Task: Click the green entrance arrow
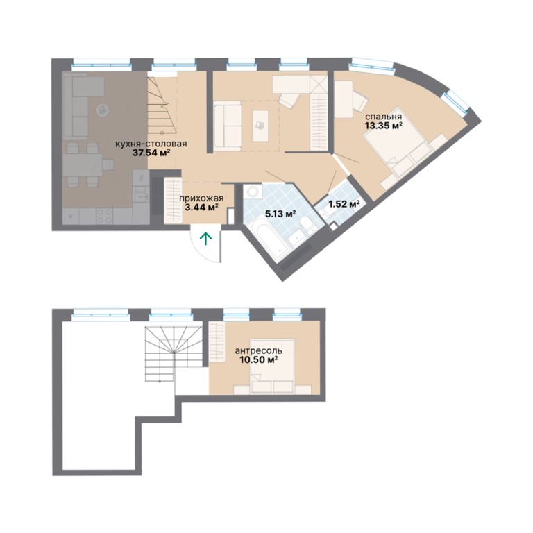pyautogui.click(x=205, y=238)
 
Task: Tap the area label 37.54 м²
pyautogui.click(x=151, y=153)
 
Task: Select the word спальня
pyautogui.click(x=383, y=117)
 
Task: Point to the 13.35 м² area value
pyautogui.click(x=384, y=126)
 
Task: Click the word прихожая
pyautogui.click(x=201, y=198)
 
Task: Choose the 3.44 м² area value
pyautogui.click(x=201, y=207)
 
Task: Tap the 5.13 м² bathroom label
pyautogui.click(x=280, y=214)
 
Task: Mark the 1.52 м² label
pyautogui.click(x=344, y=204)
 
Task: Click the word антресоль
pyautogui.click(x=258, y=350)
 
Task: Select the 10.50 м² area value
pyautogui.click(x=259, y=359)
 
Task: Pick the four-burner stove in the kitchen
pyautogui.click(x=105, y=216)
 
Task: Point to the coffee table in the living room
pyautogui.click(x=260, y=126)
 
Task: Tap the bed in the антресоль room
pyautogui.click(x=272, y=366)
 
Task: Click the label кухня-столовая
pyautogui.click(x=151, y=144)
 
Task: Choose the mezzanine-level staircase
pyautogui.click(x=174, y=354)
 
